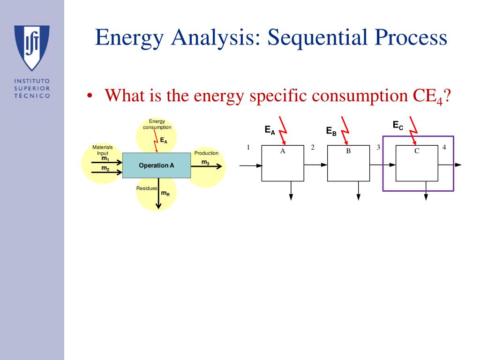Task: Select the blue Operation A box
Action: coord(157,165)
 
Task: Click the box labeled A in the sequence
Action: coord(283,163)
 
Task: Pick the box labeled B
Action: coord(348,163)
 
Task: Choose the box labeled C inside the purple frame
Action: coord(417,163)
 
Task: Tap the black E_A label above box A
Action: coord(270,130)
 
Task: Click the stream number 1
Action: coord(248,148)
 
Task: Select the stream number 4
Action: coord(444,148)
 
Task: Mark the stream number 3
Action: coord(378,148)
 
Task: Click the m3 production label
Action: coord(205,163)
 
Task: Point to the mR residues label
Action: coord(165,193)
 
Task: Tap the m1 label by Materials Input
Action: coord(105,158)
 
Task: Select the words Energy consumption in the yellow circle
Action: coord(157,124)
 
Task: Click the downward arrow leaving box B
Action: coord(359,191)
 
